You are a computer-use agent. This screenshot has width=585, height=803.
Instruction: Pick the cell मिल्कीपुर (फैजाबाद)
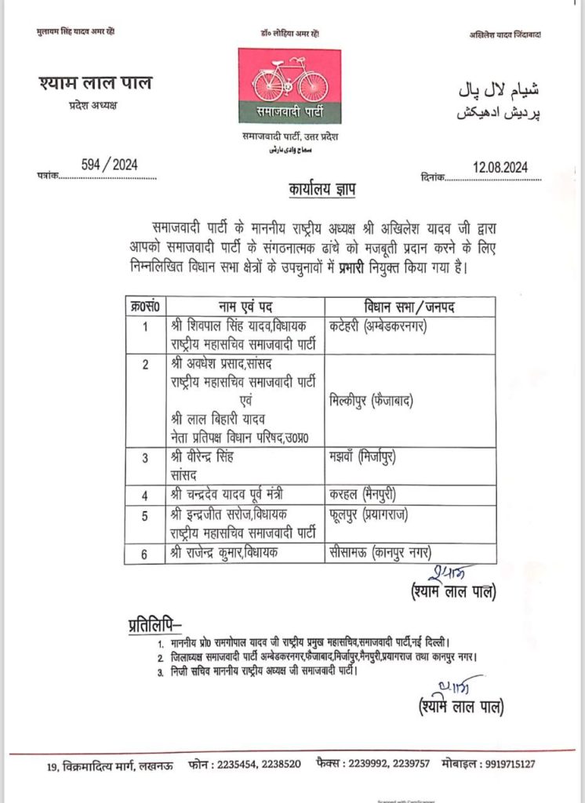tap(371, 401)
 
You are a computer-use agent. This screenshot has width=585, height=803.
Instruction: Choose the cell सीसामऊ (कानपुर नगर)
tap(381, 553)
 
